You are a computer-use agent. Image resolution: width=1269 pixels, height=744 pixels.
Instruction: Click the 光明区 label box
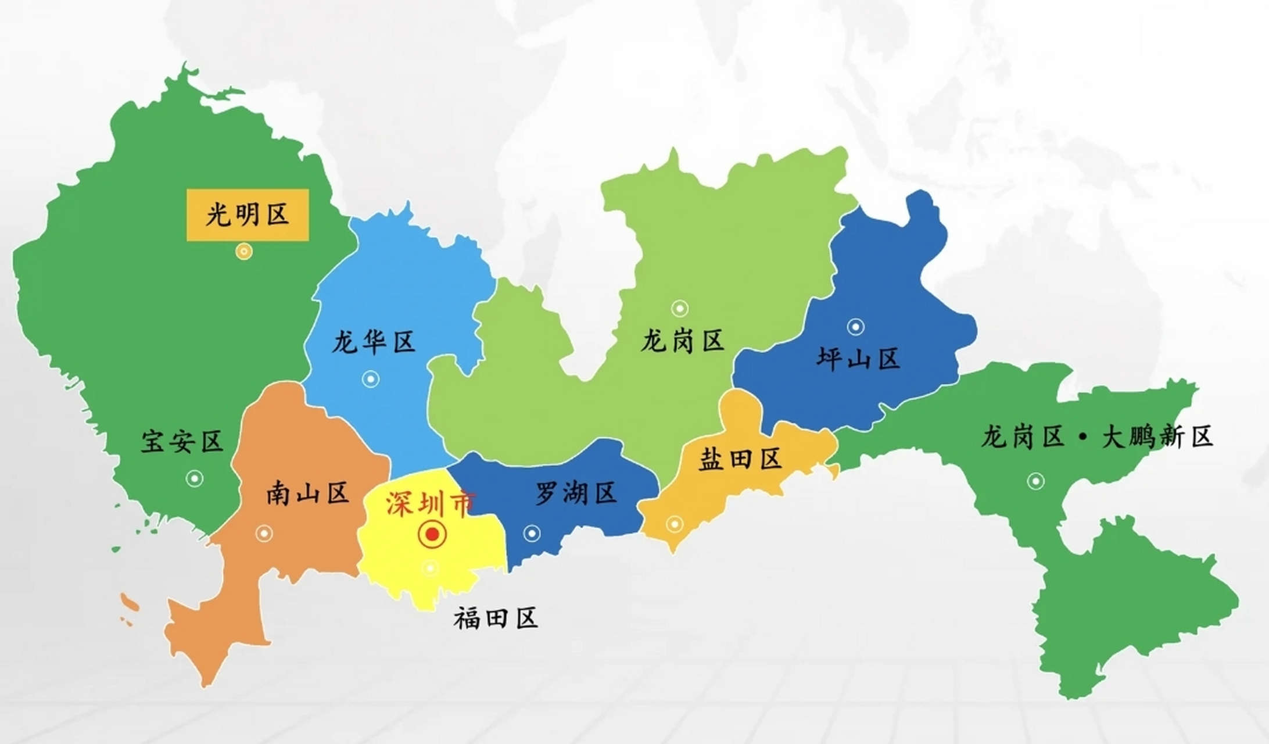[248, 215]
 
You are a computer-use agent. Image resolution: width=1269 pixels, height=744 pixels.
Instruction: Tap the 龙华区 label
[374, 342]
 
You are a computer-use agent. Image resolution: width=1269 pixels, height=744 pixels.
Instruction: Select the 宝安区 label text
[182, 442]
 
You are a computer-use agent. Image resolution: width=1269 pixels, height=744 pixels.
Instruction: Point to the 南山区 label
[307, 494]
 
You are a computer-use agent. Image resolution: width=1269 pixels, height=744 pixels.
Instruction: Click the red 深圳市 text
[431, 505]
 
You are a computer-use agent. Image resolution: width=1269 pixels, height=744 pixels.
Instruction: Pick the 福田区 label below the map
[496, 618]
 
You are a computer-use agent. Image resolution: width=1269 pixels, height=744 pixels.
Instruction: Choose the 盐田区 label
[740, 459]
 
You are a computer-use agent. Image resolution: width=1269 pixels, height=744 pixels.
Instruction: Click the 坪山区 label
[858, 359]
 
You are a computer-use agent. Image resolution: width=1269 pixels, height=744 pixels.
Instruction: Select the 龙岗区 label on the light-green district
[683, 341]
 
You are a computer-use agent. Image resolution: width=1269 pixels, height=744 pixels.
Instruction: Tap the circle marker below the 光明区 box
[244, 252]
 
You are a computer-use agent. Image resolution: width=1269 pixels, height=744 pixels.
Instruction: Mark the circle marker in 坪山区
[855, 327]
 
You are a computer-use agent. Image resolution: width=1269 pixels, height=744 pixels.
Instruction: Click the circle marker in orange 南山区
[264, 533]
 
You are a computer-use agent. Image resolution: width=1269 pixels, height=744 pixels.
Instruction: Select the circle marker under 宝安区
[195, 478]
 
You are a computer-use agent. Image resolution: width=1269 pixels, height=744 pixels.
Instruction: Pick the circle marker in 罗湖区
[532, 533]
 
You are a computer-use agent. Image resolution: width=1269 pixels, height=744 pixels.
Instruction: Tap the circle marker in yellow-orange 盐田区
[675, 524]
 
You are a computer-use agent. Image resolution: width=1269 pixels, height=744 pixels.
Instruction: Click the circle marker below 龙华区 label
[371, 380]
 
